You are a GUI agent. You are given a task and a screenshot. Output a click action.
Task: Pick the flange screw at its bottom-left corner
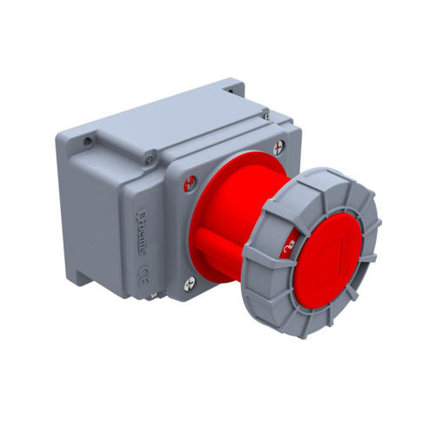(x=191, y=282)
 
